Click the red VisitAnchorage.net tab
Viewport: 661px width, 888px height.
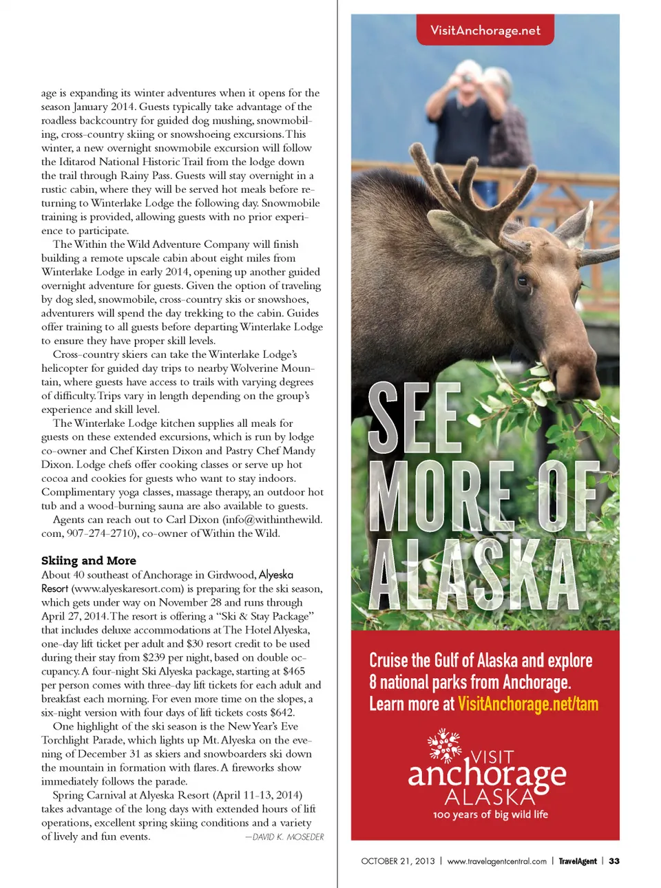(485, 30)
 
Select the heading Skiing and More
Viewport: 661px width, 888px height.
(89, 560)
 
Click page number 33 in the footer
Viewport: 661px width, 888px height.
(614, 861)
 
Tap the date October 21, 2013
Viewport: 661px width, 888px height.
(398, 861)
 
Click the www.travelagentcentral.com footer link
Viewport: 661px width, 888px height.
(496, 861)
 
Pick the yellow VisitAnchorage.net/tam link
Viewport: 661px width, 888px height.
(528, 704)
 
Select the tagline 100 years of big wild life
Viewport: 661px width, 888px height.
(490, 814)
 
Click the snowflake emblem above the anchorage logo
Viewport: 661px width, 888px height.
(444, 746)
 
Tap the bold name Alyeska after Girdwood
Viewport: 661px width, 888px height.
(276, 575)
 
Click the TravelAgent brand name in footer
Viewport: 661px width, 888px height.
(578, 861)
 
